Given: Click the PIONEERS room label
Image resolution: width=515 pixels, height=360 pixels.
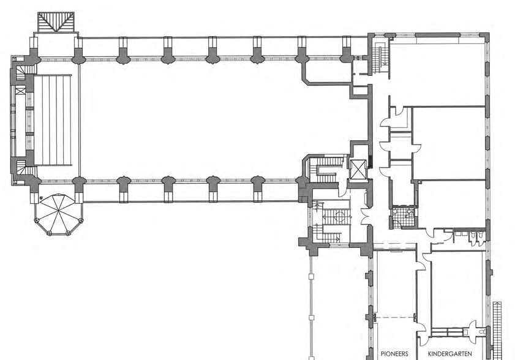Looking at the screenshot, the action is pyautogui.click(x=394, y=354).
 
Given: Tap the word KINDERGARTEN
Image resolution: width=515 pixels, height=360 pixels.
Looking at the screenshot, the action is pyautogui.click(x=449, y=354).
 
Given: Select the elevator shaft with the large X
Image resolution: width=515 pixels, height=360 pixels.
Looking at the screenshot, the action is pyautogui.click(x=358, y=170).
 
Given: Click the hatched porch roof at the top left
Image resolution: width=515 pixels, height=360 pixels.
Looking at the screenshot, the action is pyautogui.click(x=56, y=22).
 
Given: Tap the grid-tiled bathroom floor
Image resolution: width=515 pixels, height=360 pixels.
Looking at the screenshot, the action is pyautogui.click(x=404, y=217).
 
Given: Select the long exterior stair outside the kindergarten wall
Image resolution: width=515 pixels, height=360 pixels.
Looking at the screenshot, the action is pyautogui.click(x=497, y=329).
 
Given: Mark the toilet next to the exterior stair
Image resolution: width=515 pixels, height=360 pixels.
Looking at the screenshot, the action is pyautogui.click(x=483, y=332).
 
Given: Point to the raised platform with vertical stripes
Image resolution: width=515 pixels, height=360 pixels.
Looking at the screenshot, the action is pyautogui.click(x=53, y=120).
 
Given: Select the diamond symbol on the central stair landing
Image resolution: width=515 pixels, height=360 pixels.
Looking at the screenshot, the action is pyautogui.click(x=340, y=217).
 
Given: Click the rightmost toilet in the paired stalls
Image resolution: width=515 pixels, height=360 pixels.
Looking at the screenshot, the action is pyautogui.click(x=479, y=235).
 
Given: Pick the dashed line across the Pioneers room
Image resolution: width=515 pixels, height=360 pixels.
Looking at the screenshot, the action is pyautogui.click(x=395, y=318).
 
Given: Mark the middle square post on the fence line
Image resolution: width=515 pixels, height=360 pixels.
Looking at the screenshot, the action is pyautogui.click(x=311, y=318).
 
